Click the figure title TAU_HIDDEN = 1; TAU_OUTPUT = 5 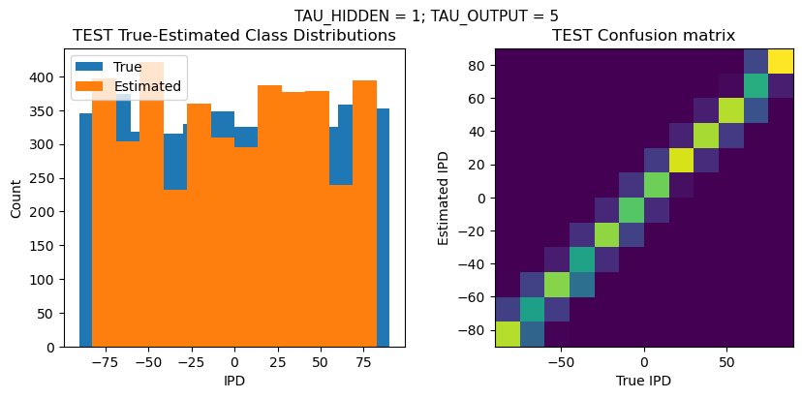(x=426, y=15)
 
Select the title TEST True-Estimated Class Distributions (x=234, y=36)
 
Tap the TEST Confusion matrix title (x=643, y=36)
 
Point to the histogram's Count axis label (x=16, y=198)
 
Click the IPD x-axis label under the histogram (x=234, y=381)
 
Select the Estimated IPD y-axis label (x=445, y=198)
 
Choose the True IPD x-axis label (x=643, y=381)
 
